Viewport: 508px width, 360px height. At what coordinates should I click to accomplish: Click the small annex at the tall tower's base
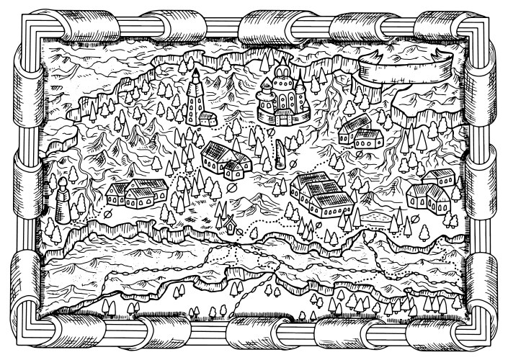pos(208,117)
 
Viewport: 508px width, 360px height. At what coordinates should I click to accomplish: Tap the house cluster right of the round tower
pos(137,192)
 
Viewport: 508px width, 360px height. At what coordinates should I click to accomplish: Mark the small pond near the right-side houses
pos(375,216)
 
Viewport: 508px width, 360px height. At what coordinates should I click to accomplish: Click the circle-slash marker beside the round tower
pos(106,214)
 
